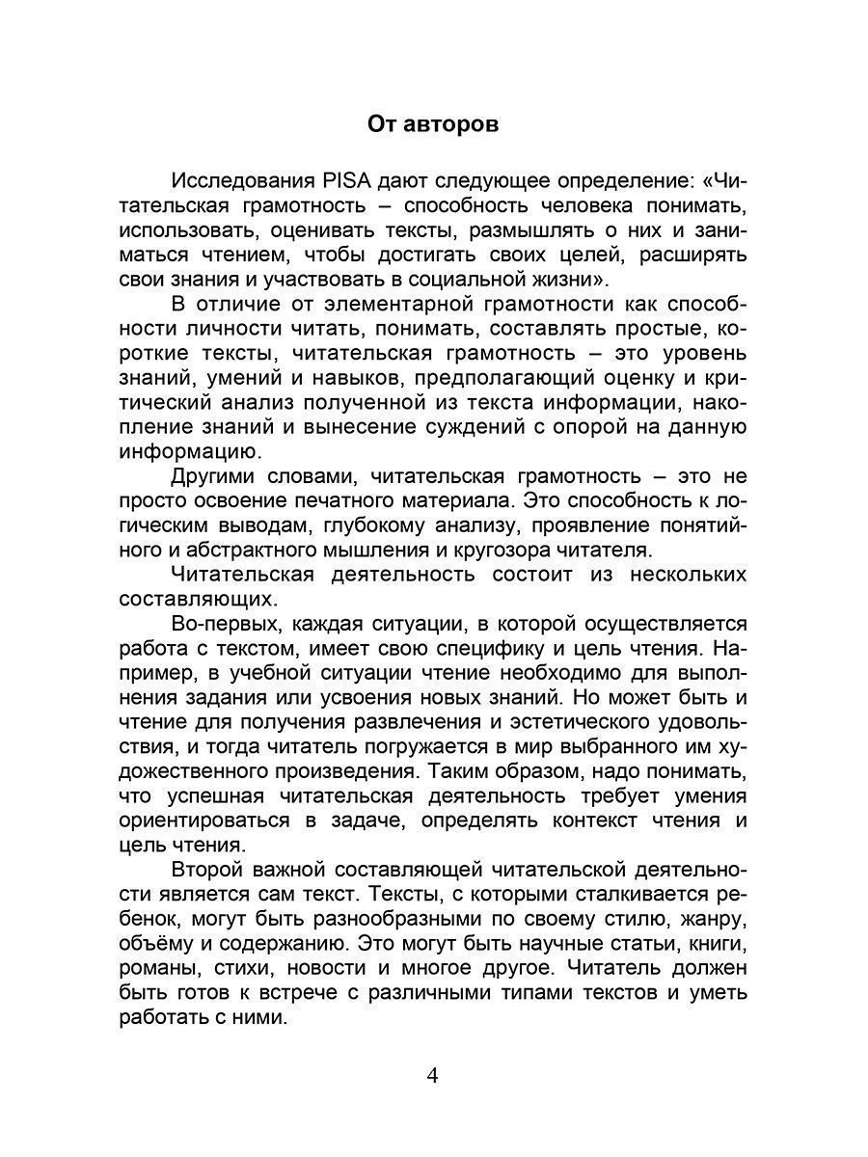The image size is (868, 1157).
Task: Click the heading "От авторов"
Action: click(x=433, y=124)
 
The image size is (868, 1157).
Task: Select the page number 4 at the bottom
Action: click(x=433, y=1075)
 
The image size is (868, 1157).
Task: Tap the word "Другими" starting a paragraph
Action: click(x=217, y=475)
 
